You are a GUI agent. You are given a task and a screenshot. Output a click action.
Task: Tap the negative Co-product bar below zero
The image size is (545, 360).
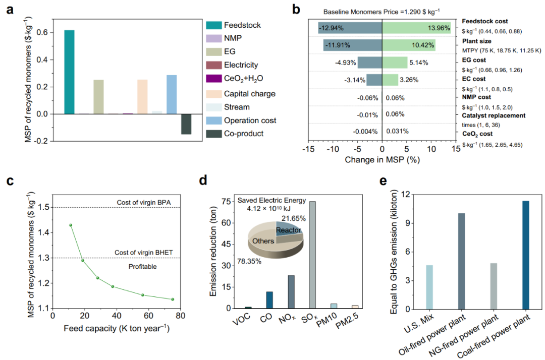186,124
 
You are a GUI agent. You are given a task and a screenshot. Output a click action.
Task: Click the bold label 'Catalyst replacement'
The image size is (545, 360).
494,115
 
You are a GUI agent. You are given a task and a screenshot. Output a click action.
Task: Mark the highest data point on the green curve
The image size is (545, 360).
71,225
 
